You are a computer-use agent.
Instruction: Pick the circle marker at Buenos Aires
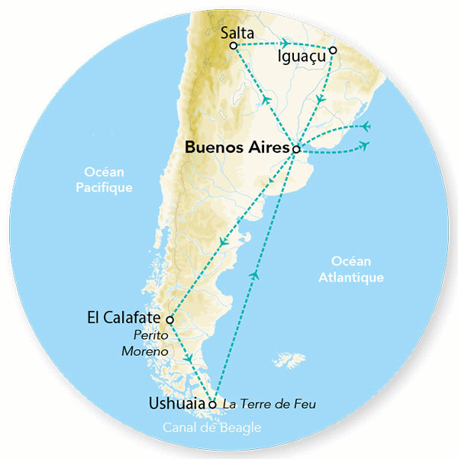point(296,150)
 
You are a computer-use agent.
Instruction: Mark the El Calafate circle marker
point(169,319)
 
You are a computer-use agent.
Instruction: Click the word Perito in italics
point(150,335)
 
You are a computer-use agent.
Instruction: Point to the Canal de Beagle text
point(211,428)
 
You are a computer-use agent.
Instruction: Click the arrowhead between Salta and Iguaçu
point(285,44)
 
